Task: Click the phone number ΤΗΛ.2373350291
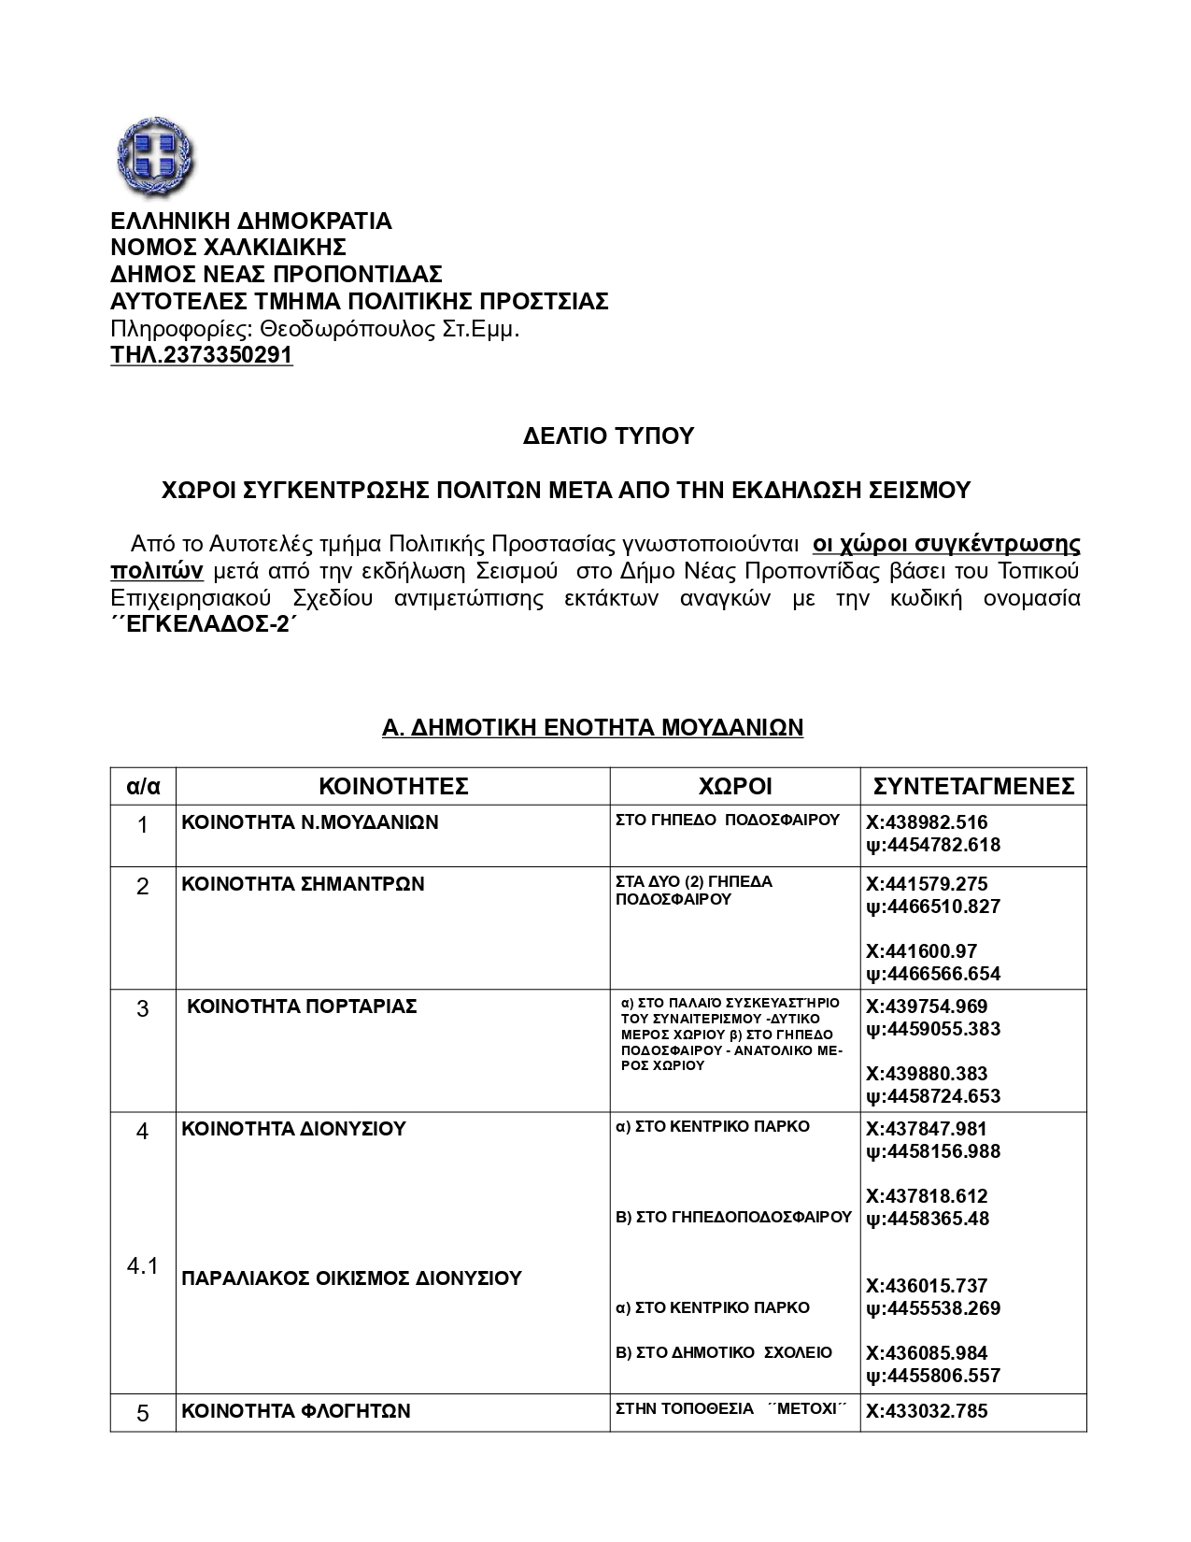202,356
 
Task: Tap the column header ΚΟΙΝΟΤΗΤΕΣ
393,786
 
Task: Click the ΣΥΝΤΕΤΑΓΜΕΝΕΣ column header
973,786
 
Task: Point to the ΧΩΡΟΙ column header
735,786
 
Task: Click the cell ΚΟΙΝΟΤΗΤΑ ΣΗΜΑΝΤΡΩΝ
303,884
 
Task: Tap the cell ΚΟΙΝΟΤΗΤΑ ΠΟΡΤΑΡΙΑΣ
302,1007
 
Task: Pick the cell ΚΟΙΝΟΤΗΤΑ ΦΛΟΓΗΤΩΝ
296,1411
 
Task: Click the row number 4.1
142,1266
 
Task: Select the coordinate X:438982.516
927,823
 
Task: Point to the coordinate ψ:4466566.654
933,974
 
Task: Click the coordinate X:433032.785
927,1411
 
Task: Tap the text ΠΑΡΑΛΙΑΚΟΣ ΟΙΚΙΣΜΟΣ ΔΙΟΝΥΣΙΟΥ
351,1278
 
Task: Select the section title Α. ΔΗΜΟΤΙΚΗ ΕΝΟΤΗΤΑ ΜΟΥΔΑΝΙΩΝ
593,727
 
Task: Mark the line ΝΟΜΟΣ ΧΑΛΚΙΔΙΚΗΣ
229,248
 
